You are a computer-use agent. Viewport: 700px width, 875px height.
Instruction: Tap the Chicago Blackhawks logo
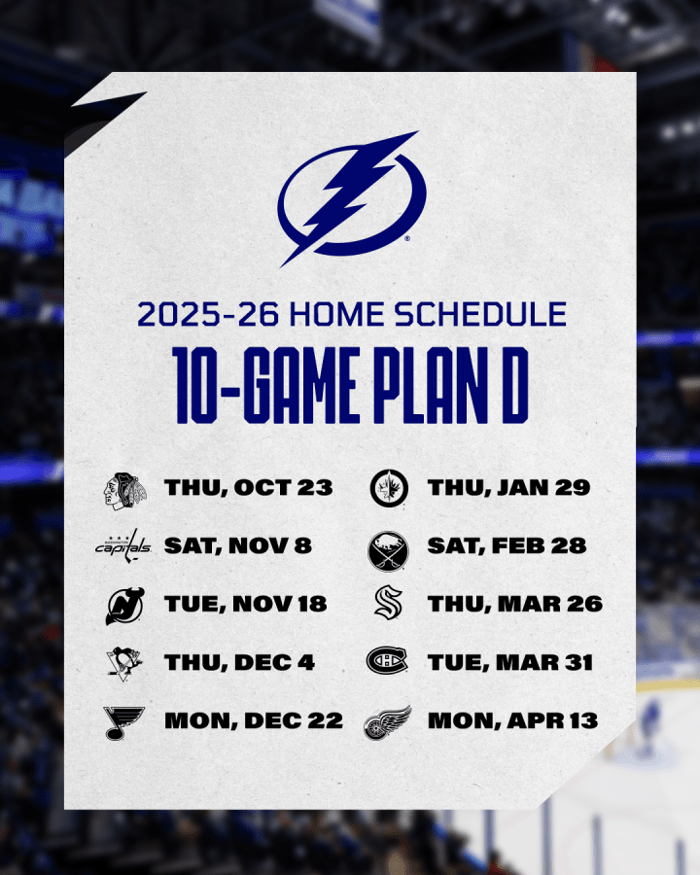click(125, 491)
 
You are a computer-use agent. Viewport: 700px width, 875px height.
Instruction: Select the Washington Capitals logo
click(123, 545)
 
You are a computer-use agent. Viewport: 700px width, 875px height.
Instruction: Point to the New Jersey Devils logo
click(125, 606)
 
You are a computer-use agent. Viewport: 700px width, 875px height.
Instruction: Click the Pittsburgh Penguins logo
click(124, 663)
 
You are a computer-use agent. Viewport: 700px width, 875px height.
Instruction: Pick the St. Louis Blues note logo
click(123, 722)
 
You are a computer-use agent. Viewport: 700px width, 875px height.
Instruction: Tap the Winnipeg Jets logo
click(389, 488)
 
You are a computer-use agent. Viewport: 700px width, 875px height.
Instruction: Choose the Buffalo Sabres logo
click(389, 551)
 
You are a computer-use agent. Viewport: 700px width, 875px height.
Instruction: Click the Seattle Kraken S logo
click(389, 603)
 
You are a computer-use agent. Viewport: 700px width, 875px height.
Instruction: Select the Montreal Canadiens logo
click(387, 661)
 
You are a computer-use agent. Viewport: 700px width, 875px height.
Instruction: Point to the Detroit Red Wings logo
click(387, 722)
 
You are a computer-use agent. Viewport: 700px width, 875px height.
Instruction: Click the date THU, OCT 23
click(249, 488)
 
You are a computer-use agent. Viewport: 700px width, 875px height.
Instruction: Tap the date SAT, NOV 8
click(238, 545)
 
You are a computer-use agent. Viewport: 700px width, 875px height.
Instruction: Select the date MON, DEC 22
click(254, 720)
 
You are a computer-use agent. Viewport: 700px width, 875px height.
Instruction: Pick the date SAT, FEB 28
click(507, 545)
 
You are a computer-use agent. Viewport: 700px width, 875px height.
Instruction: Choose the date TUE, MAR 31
click(510, 662)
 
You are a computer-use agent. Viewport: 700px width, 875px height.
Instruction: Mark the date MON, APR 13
click(513, 720)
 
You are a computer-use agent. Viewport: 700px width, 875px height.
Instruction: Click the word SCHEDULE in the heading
click(480, 314)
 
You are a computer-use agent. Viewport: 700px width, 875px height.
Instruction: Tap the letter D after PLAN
click(514, 385)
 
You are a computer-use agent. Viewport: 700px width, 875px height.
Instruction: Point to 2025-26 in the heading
click(208, 314)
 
